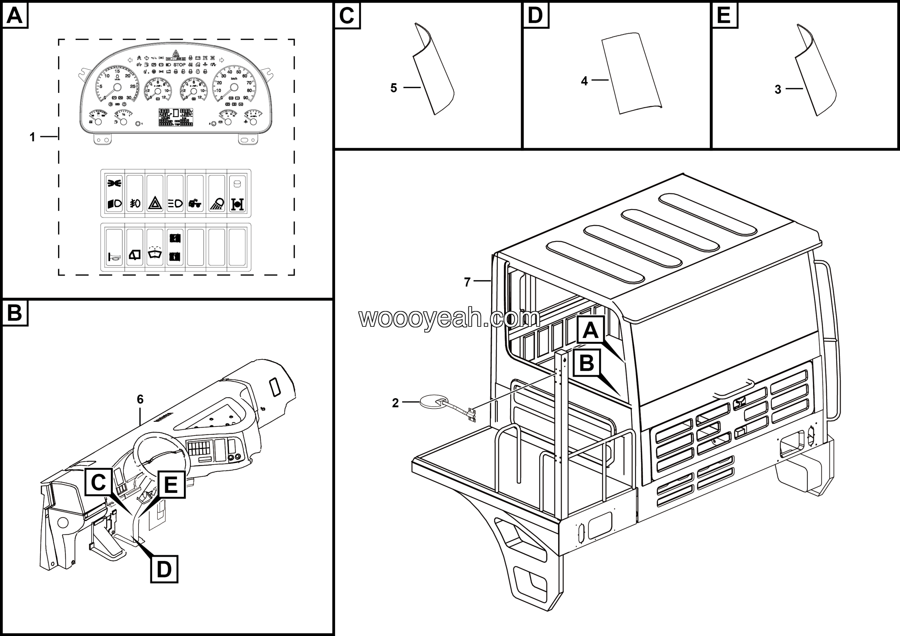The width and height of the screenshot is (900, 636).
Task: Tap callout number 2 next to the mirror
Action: pyautogui.click(x=395, y=403)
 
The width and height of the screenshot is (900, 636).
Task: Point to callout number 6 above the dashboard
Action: pyautogui.click(x=140, y=399)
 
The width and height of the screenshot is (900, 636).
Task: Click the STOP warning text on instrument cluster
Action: pyautogui.click(x=180, y=65)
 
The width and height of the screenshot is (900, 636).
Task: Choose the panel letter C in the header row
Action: pyautogui.click(x=347, y=16)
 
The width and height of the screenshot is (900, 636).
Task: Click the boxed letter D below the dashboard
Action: pyautogui.click(x=164, y=569)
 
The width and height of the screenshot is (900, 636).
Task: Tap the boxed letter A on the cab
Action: pyautogui.click(x=590, y=330)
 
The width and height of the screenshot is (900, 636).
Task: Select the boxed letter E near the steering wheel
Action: pyautogui.click(x=171, y=485)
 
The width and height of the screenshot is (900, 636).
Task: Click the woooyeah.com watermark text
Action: pyautogui.click(x=449, y=318)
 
